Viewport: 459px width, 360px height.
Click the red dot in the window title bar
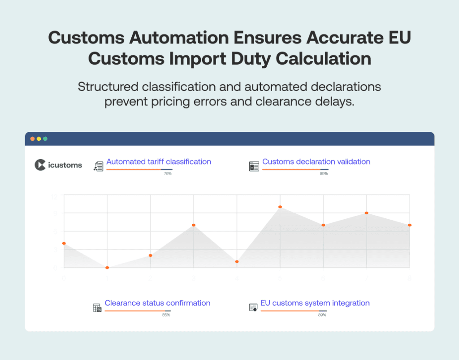click(32, 139)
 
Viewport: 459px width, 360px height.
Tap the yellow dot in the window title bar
click(39, 139)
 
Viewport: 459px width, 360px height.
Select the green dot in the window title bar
click(45, 139)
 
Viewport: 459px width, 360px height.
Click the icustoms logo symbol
click(40, 165)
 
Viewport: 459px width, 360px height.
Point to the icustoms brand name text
click(65, 165)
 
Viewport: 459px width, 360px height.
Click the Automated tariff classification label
click(159, 161)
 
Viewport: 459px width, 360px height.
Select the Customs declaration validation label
click(316, 161)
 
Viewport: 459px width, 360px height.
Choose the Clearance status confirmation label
click(157, 303)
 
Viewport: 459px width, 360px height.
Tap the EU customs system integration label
click(315, 303)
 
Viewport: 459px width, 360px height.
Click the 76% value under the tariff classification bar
click(168, 173)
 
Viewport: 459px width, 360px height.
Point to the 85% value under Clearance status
click(166, 315)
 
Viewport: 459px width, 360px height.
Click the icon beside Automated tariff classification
click(98, 166)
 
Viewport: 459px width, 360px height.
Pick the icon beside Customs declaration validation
click(254, 166)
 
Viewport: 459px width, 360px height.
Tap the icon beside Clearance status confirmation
click(97, 308)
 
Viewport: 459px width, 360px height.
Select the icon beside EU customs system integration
click(253, 308)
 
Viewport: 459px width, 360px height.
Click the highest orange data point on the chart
click(280, 207)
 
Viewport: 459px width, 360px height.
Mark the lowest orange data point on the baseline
click(107, 268)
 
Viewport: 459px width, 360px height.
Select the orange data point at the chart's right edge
click(410, 225)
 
